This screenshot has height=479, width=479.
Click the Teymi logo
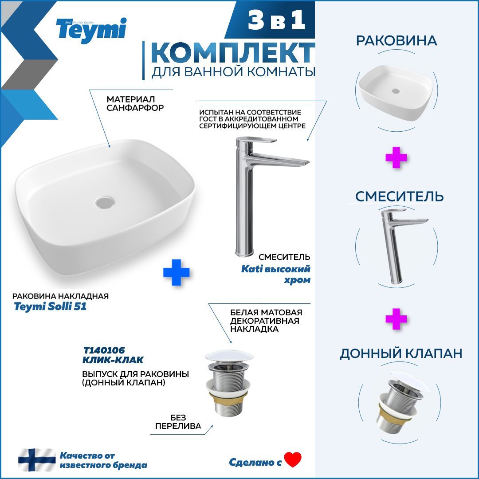(x=91, y=31)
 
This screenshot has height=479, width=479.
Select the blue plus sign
(x=176, y=272)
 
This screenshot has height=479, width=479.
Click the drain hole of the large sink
(x=105, y=202)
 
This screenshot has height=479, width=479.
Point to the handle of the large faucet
(x=259, y=141)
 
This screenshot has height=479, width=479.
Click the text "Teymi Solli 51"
(x=50, y=306)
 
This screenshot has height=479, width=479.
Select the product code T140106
(x=104, y=350)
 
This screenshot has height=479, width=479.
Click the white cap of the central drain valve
(x=229, y=356)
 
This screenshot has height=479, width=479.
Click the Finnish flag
(x=37, y=460)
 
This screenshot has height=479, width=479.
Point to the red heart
(x=293, y=459)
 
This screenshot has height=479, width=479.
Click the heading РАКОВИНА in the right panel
(x=397, y=41)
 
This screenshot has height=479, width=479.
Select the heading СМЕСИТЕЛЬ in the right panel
(x=399, y=196)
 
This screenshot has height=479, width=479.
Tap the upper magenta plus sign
(x=396, y=157)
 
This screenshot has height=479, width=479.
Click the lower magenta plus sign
(x=396, y=319)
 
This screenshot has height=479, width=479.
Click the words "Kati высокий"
(x=275, y=269)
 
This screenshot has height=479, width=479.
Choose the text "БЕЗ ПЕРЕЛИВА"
(x=178, y=422)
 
